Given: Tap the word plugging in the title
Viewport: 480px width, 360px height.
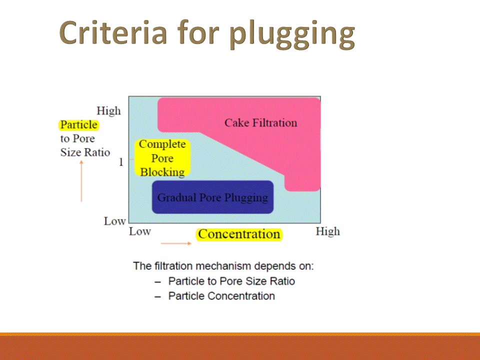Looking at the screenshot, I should click(x=292, y=34).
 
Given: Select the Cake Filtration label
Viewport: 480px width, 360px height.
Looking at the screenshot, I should click(x=260, y=122).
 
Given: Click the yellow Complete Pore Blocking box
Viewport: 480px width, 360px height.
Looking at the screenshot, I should click(x=162, y=158).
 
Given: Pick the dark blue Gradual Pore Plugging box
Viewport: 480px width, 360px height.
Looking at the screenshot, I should click(x=212, y=197).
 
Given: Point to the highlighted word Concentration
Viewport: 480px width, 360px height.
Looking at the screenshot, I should click(x=239, y=234).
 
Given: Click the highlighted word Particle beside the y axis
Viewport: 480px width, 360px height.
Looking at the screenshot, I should click(x=78, y=124).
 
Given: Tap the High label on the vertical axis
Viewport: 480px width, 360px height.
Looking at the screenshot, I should click(x=108, y=110).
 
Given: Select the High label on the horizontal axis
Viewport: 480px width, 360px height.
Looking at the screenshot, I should click(x=327, y=231).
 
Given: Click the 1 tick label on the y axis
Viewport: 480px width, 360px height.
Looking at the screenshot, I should click(x=120, y=162).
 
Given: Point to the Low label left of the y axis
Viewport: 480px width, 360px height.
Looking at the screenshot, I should click(x=114, y=220).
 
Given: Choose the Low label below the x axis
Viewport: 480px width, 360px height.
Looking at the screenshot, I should click(x=140, y=231).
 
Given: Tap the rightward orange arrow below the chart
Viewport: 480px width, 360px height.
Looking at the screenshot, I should click(x=176, y=243).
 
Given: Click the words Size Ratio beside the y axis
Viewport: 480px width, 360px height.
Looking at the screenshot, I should click(x=85, y=152).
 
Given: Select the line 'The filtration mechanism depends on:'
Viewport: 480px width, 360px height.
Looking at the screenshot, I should click(x=223, y=265).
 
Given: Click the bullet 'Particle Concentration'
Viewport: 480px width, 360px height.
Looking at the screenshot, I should click(x=221, y=296).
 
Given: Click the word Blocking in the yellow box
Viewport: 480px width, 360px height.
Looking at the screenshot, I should click(x=162, y=172).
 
